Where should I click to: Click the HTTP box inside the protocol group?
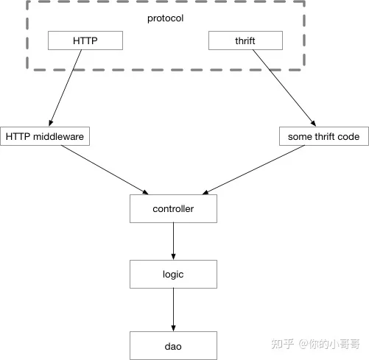click(85, 40)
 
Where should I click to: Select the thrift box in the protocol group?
click(245, 40)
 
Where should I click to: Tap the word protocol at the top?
click(165, 18)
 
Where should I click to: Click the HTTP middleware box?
click(45, 136)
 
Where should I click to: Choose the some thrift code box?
click(324, 136)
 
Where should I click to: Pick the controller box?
click(173, 208)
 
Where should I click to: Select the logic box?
click(173, 274)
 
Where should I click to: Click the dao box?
click(173, 345)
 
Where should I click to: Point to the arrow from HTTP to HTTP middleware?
click(66, 88)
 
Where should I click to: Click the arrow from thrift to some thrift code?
click(284, 88)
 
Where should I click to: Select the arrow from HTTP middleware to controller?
click(105, 170)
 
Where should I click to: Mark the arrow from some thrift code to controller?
click(253, 170)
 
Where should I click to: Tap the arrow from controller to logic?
click(173, 241)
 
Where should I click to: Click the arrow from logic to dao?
click(173, 310)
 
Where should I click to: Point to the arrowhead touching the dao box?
click(173, 328)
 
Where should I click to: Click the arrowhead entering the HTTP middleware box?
click(51, 123)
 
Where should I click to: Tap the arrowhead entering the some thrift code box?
click(314, 124)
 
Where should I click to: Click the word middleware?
click(58, 136)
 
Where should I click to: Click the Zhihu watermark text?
click(316, 344)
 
